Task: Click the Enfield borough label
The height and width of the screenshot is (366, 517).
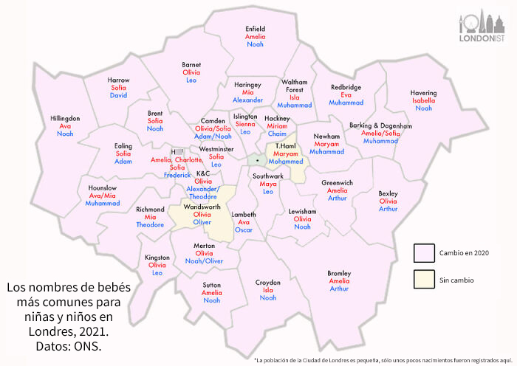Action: tap(255, 29)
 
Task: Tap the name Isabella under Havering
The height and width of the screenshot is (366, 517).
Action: tap(424, 100)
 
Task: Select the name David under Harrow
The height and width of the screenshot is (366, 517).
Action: tap(118, 95)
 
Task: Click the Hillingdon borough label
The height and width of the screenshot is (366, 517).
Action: tap(65, 118)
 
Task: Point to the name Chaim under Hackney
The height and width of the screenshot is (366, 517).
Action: tap(277, 134)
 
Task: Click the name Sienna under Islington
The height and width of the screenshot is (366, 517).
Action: tap(245, 124)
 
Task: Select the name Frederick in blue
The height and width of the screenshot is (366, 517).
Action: tap(177, 175)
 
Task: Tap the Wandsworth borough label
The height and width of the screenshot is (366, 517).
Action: tap(202, 207)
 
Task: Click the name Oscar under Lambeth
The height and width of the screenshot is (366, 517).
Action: tap(244, 229)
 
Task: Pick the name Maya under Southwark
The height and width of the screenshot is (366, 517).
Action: tap(268, 184)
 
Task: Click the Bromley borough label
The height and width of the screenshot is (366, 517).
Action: tap(339, 273)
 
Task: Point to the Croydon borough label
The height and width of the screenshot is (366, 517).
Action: tap(268, 282)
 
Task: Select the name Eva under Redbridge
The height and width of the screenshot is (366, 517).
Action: tap(346, 95)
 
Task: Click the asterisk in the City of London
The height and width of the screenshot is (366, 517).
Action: tap(257, 159)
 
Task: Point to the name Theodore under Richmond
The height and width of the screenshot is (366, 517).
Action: tap(151, 224)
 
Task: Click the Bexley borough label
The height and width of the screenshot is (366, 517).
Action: tap(388, 193)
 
